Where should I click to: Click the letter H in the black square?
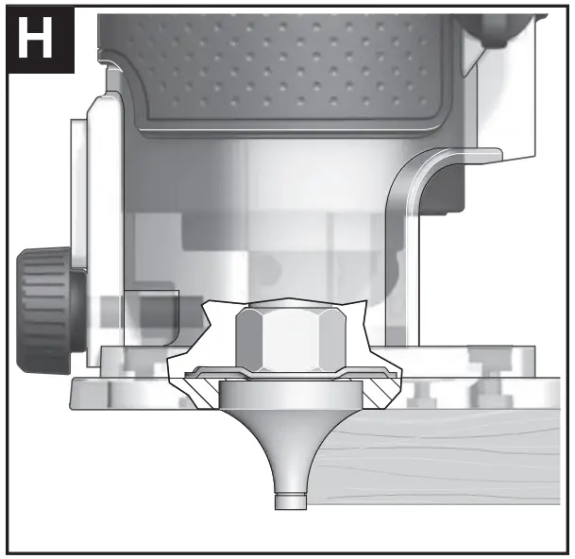(x=35, y=38)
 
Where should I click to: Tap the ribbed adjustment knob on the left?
(x=49, y=311)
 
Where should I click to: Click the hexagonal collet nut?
(x=291, y=339)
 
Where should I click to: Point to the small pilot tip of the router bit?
(x=291, y=501)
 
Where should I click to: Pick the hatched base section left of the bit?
(x=201, y=393)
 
